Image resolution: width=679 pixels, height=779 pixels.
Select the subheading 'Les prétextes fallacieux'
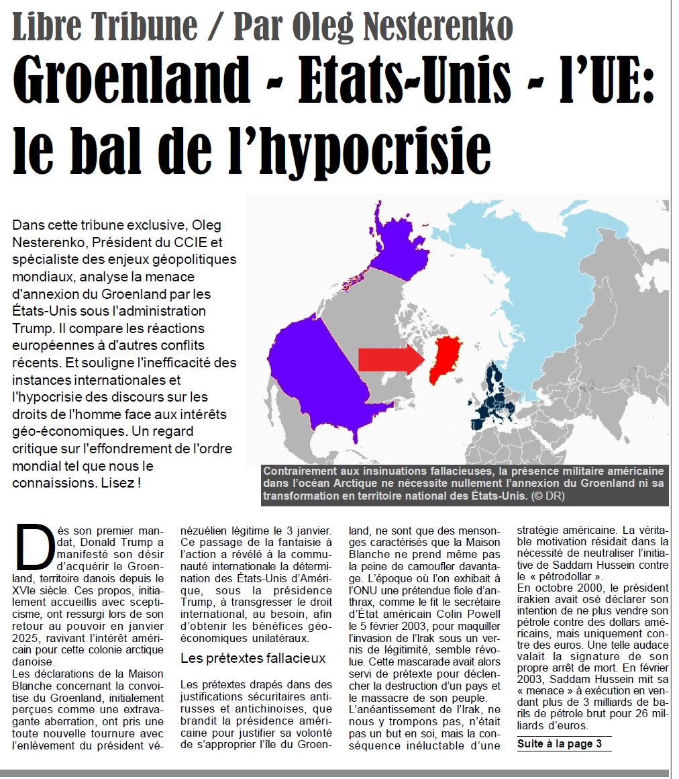(253, 658)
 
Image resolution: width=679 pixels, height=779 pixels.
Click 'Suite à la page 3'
(560, 743)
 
